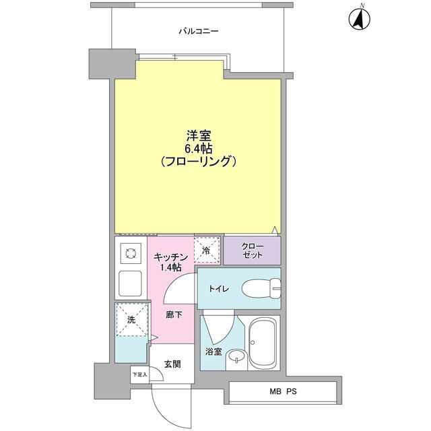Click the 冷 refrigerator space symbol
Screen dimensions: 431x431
(x=207, y=250)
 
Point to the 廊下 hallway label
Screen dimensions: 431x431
(x=174, y=314)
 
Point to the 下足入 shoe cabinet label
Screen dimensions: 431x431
(x=139, y=374)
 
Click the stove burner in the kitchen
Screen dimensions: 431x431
(x=130, y=254)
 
